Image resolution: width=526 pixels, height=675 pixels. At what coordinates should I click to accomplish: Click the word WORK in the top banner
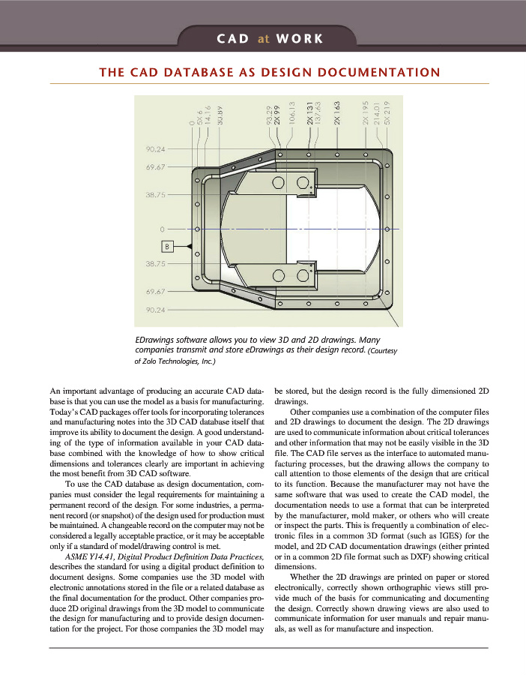click(x=299, y=38)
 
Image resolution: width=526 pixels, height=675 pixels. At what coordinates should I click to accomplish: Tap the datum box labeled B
click(x=169, y=246)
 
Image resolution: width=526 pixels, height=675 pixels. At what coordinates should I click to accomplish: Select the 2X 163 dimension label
click(x=337, y=113)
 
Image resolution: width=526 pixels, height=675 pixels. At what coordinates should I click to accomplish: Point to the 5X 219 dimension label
click(x=387, y=112)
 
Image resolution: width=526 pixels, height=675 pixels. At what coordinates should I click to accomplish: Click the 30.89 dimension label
click(x=220, y=115)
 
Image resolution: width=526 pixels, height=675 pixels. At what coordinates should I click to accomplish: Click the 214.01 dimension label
click(x=376, y=114)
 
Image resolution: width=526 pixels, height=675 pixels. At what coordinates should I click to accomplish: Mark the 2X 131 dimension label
click(x=309, y=114)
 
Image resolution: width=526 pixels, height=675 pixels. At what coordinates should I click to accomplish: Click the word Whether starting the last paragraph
click(x=306, y=577)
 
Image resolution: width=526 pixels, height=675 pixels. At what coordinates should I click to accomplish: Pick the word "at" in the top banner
click(x=263, y=38)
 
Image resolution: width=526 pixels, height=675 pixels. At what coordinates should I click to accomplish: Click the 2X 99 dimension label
click(x=277, y=115)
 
